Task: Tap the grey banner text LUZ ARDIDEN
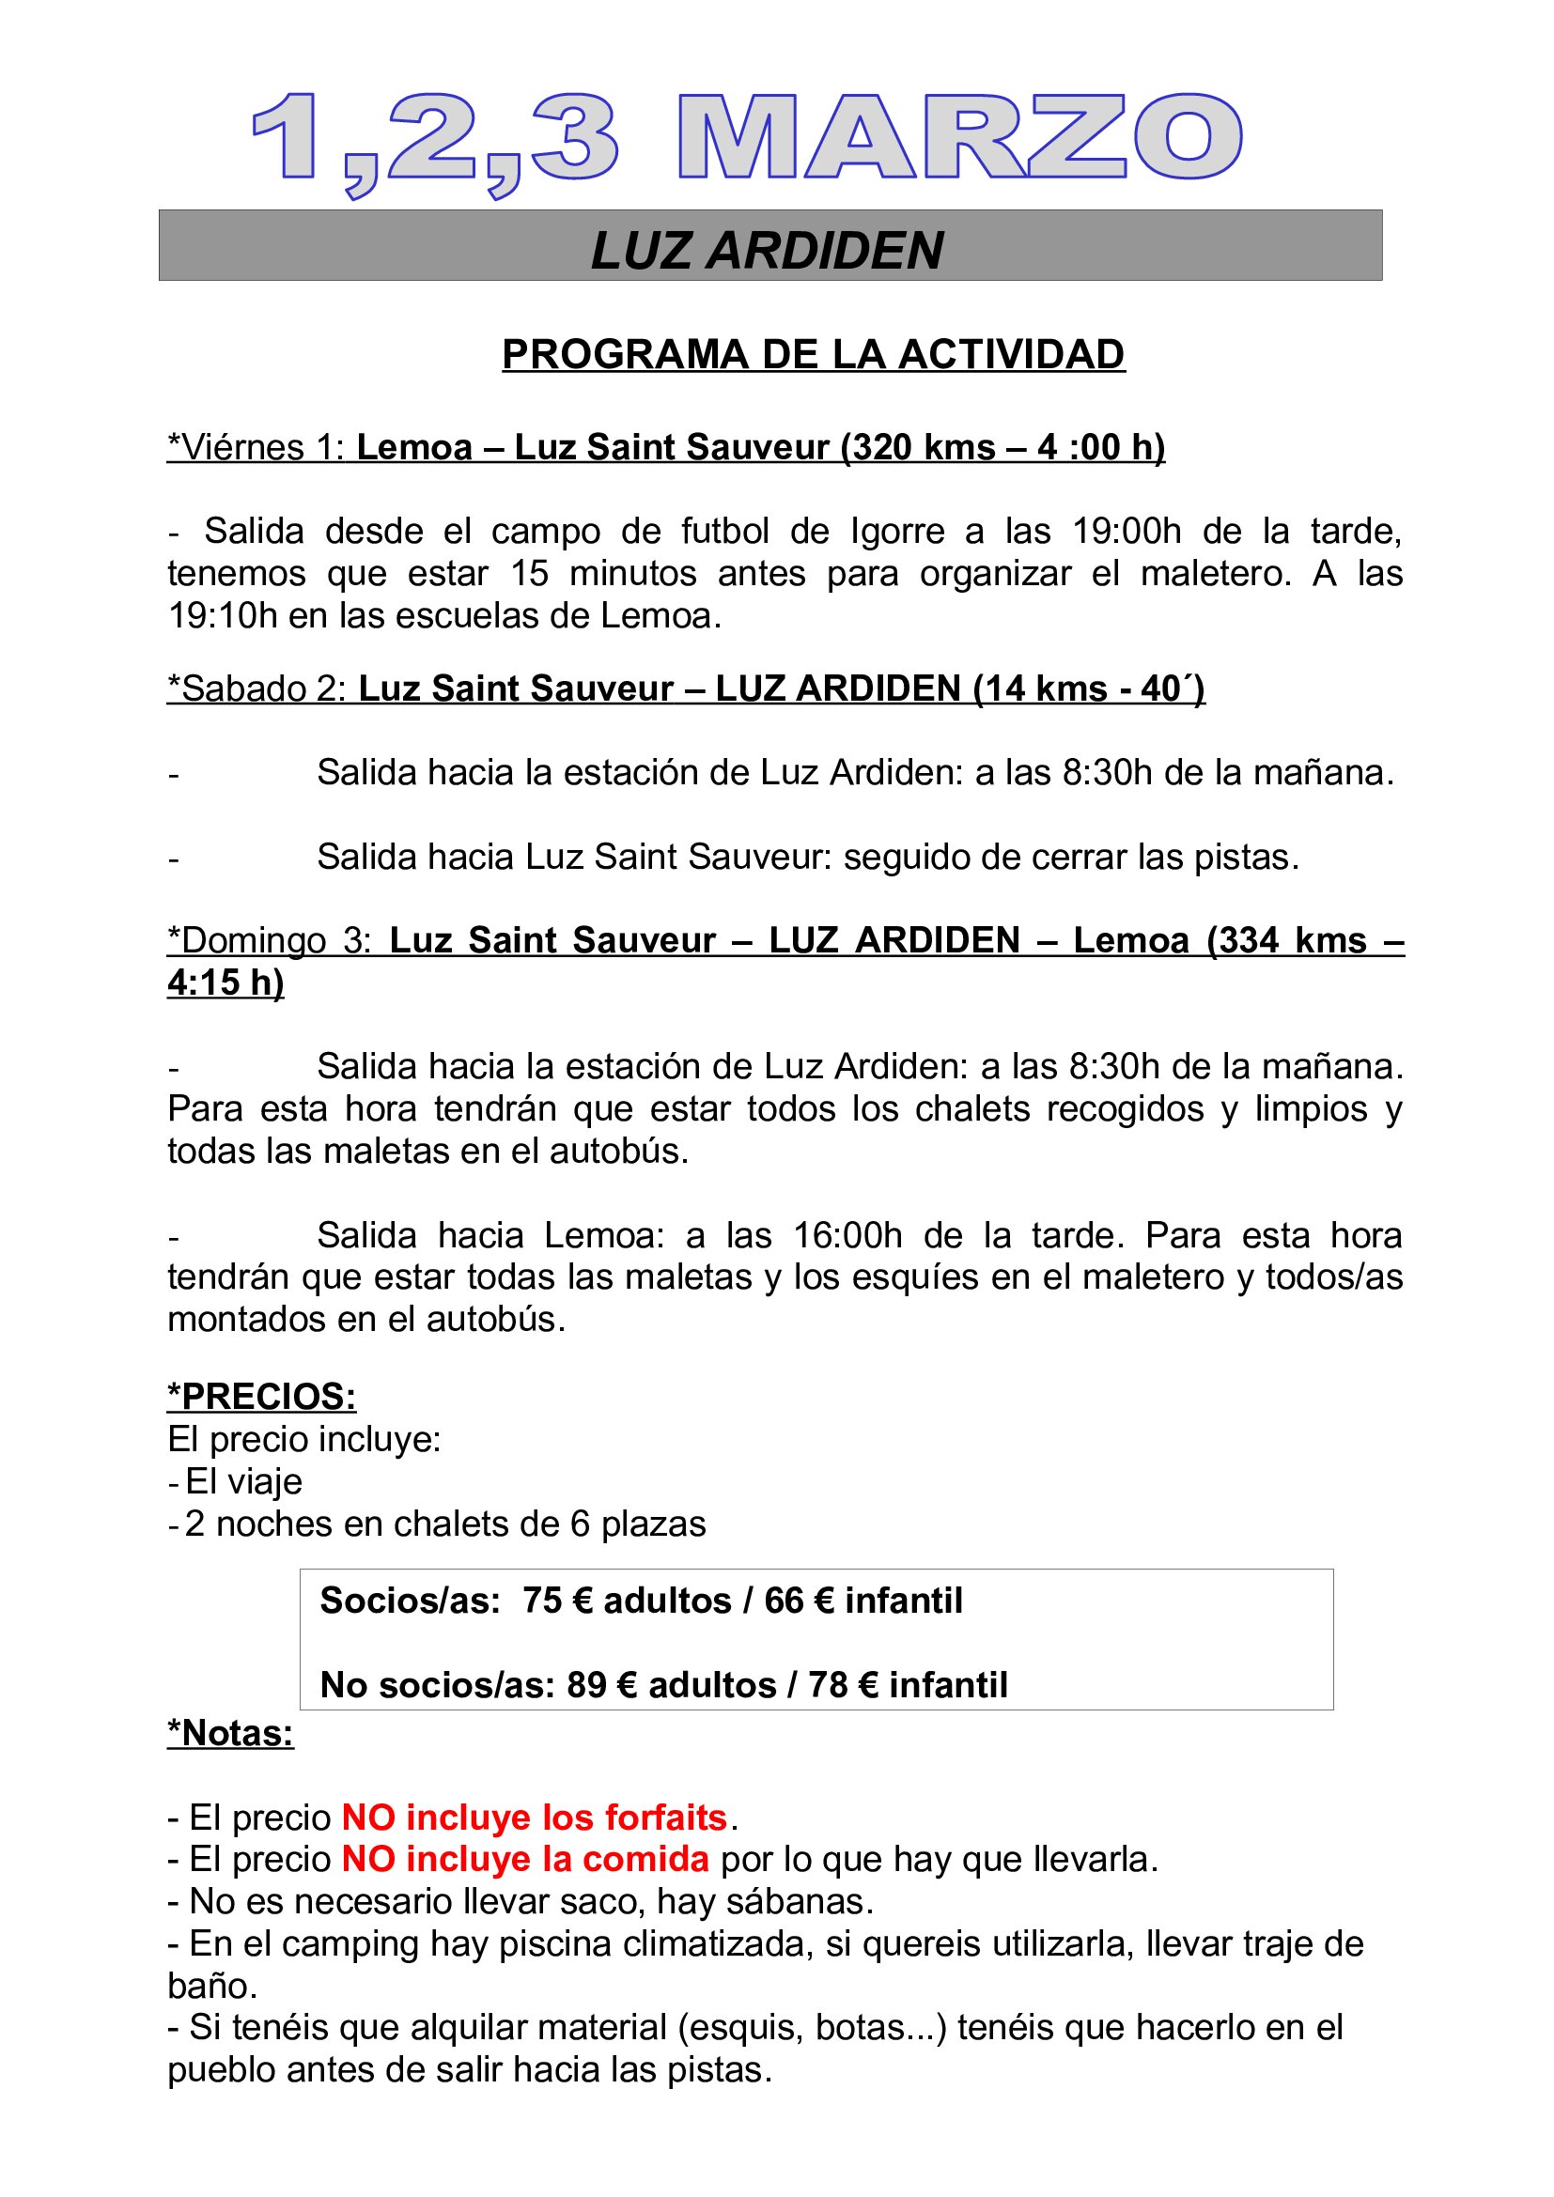[x=768, y=250]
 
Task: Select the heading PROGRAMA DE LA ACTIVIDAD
[x=813, y=354]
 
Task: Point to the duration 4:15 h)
[x=225, y=982]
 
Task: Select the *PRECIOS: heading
[x=261, y=1396]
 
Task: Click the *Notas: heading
[x=230, y=1733]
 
